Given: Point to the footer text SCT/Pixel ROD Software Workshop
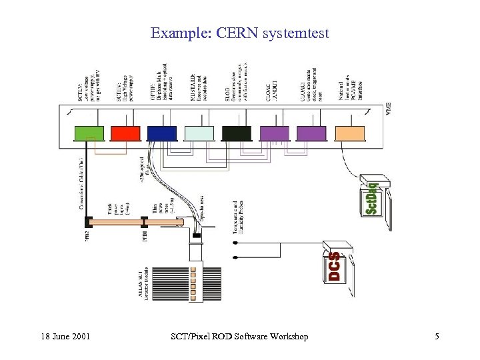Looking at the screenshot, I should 240,337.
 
